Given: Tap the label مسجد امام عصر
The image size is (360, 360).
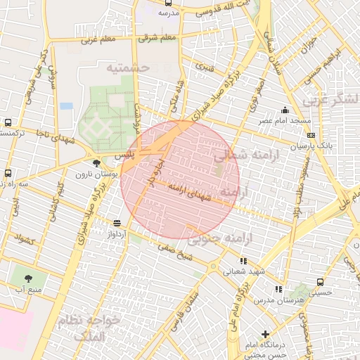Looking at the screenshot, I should click(288, 121).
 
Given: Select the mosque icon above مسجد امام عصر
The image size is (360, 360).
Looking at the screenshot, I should click(284, 110).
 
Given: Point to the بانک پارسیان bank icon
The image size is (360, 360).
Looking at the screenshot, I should click(311, 134).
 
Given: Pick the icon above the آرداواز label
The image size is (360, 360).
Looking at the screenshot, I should click(115, 223).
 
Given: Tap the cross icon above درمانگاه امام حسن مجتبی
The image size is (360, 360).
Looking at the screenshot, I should click(264, 334).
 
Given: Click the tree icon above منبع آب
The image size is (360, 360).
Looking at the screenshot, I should click(29, 278).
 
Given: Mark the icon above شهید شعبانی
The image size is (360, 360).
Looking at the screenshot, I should click(243, 261).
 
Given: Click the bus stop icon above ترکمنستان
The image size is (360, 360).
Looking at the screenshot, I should click(7, 122).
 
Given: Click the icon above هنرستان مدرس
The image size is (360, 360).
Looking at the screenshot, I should click(278, 288).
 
